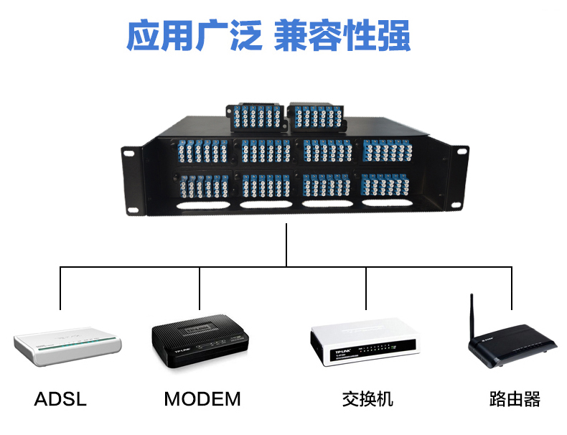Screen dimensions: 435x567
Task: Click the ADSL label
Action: point(60,399)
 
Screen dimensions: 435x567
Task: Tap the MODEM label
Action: point(202,399)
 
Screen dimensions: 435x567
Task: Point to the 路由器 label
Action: point(514,399)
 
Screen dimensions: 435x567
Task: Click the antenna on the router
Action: point(473,317)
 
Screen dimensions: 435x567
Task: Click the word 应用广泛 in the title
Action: point(194,36)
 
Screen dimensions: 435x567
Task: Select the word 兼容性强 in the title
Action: point(342,36)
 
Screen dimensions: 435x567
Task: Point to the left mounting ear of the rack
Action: point(130,179)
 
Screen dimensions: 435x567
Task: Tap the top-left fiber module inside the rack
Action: point(202,151)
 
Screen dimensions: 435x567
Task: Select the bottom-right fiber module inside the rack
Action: point(387,185)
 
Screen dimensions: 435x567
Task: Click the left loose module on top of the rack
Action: point(256,117)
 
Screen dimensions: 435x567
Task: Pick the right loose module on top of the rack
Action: point(317,115)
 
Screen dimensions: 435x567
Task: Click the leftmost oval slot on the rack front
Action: point(200,205)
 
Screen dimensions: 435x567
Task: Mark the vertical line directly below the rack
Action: point(286,245)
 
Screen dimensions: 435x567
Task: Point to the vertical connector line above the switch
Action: point(366,287)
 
